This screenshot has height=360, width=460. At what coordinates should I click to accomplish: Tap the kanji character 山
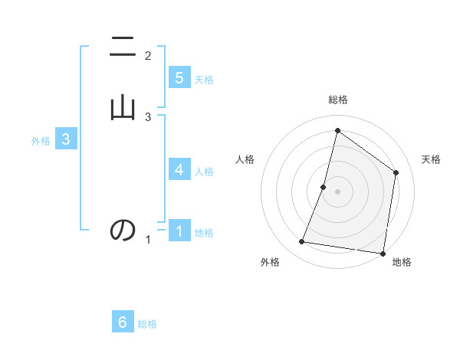point(123,106)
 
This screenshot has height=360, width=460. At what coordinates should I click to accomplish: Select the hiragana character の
point(123,230)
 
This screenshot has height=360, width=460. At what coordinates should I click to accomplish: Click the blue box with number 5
point(179,78)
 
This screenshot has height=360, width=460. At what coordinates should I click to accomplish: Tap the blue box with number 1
point(179,231)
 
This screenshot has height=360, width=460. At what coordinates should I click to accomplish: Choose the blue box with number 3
point(66,139)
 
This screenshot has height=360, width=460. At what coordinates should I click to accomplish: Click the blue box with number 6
point(123,322)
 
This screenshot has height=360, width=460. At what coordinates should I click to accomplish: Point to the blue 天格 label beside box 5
point(204,80)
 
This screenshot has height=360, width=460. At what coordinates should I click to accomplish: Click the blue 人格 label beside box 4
point(204,172)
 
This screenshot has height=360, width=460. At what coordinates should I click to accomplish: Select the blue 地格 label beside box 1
point(204,233)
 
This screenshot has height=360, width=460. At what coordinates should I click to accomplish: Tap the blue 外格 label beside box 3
point(40,141)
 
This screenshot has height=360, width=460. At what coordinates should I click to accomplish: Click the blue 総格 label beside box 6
point(147,324)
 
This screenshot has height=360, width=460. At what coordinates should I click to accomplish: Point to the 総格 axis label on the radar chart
point(337,100)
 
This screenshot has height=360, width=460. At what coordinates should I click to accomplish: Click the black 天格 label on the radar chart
point(431,159)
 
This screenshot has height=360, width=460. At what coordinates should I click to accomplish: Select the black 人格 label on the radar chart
point(245,159)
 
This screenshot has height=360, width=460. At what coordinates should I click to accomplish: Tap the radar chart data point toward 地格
point(383,254)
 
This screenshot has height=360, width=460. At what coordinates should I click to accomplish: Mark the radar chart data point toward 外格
point(302,242)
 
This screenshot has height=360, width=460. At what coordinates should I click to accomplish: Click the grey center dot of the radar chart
point(337,191)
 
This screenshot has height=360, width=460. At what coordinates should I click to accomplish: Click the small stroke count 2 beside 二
point(148,55)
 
